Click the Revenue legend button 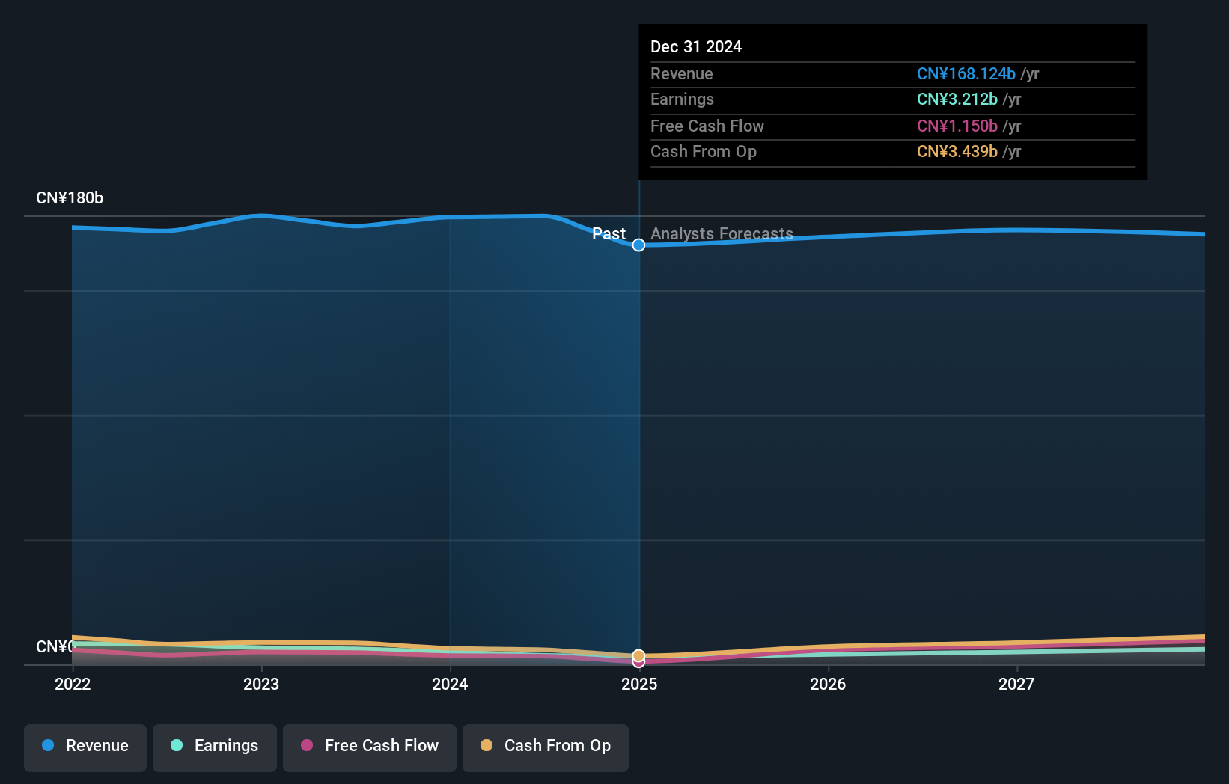85,746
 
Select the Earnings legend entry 215,746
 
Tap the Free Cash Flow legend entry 370,746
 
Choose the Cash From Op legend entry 546,746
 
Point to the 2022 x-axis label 73,684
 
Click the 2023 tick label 261,684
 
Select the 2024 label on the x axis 450,684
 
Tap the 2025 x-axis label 639,684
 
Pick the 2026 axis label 828,684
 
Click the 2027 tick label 1016,684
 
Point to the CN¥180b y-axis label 70,198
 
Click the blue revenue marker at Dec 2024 638,245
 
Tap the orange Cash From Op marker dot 638,655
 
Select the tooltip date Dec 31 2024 696,47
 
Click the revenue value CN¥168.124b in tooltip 966,74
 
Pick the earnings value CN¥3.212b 957,99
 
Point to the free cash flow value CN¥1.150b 957,126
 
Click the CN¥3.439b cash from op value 957,152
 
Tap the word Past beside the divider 609,234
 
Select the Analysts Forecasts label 722,234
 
